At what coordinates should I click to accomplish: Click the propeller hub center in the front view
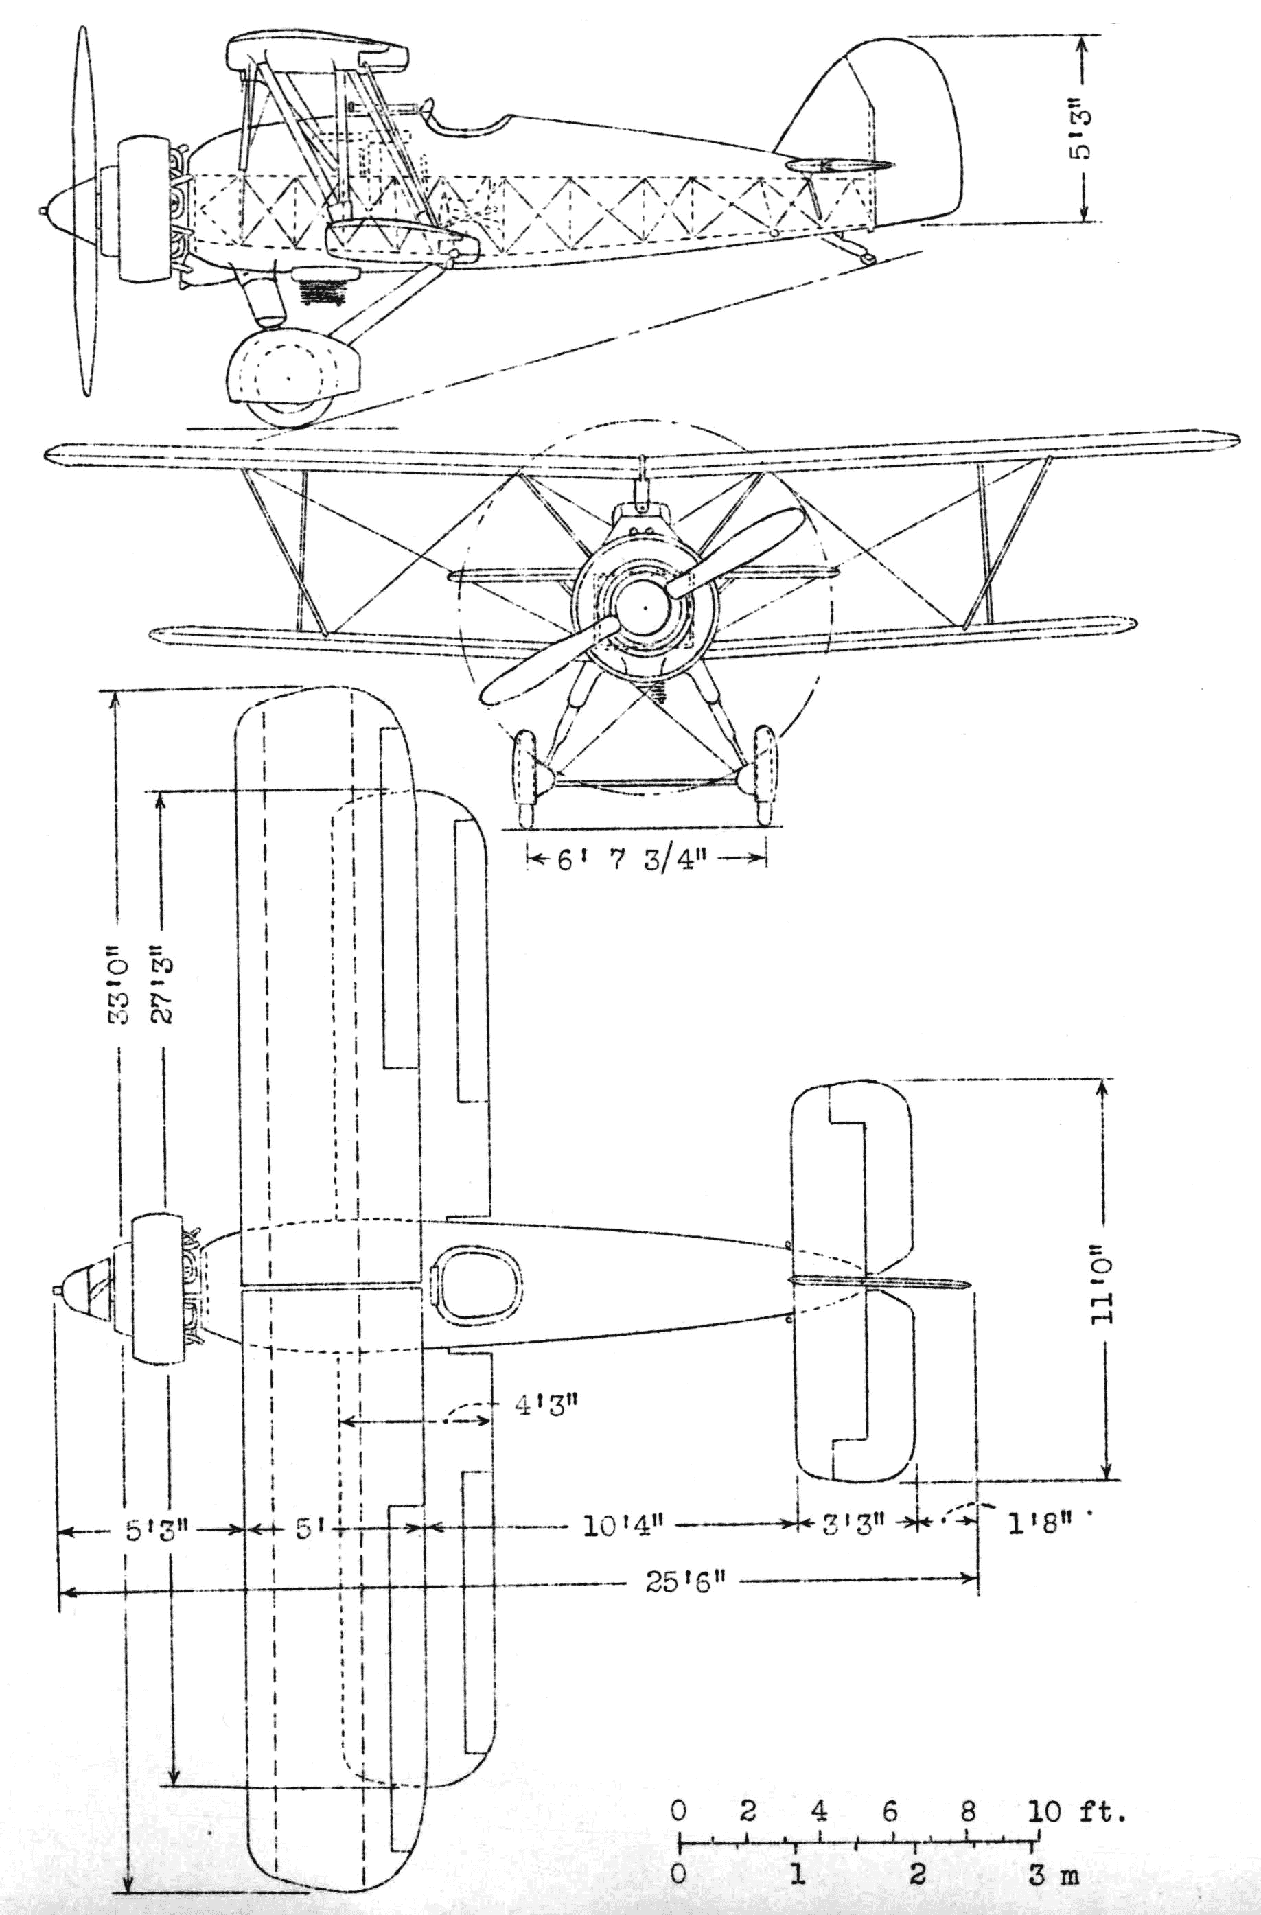(645, 609)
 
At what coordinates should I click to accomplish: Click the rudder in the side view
(917, 129)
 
